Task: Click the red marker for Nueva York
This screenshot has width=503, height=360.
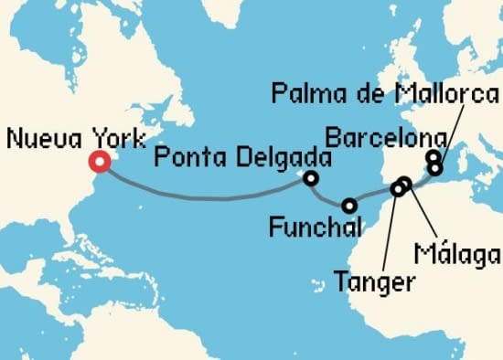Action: click(x=100, y=163)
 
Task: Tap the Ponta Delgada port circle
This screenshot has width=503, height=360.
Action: click(x=312, y=178)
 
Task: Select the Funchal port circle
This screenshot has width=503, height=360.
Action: click(x=349, y=205)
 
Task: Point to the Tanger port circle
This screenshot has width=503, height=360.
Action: click(x=397, y=189)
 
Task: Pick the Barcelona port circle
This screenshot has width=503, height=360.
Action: click(x=433, y=157)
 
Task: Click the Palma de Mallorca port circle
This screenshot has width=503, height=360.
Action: click(x=436, y=169)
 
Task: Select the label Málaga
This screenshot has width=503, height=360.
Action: click(x=456, y=252)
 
